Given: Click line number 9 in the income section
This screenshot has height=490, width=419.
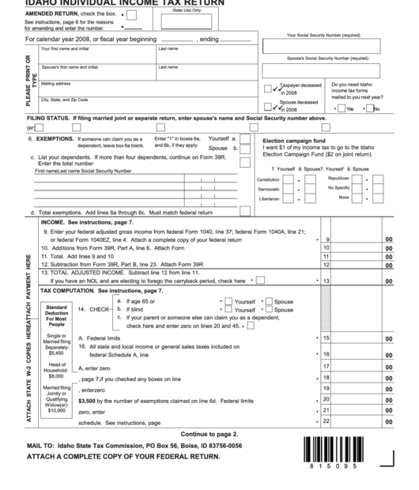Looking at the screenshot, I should pyautogui.click(x=325, y=239).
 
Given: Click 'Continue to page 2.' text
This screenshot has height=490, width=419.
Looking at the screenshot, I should pyautogui.click(x=209, y=434).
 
